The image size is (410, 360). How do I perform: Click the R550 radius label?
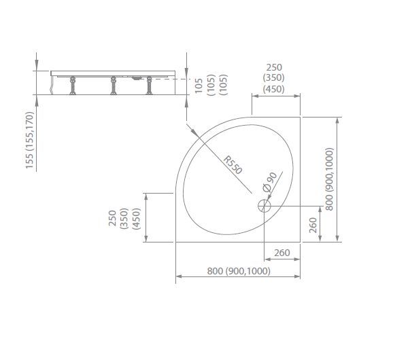(x=233, y=165)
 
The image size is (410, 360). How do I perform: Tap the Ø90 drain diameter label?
(x=269, y=182)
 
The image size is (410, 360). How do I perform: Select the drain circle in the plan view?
(x=264, y=206)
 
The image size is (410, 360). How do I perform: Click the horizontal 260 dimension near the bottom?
(x=282, y=253)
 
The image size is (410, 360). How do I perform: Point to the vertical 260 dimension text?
(x=313, y=226)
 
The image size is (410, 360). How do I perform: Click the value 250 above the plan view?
(x=274, y=67)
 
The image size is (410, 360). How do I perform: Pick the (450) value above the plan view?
(x=274, y=89)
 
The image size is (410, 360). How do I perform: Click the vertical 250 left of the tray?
(x=112, y=219)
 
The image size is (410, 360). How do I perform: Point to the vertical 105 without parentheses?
(x=199, y=86)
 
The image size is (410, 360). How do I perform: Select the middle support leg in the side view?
(x=114, y=86)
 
